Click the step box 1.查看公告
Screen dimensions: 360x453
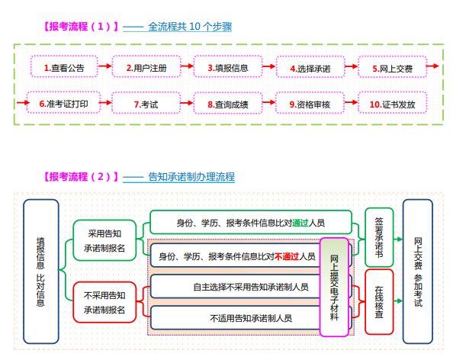point(64,68)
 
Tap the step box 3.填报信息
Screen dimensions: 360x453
point(228,68)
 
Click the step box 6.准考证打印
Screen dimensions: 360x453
point(63,103)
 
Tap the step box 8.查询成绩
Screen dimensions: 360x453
point(228,103)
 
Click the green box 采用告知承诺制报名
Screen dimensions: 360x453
point(105,239)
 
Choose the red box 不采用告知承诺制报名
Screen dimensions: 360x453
point(105,302)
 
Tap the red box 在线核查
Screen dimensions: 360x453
point(379,301)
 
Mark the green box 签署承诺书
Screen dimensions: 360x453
point(379,236)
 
